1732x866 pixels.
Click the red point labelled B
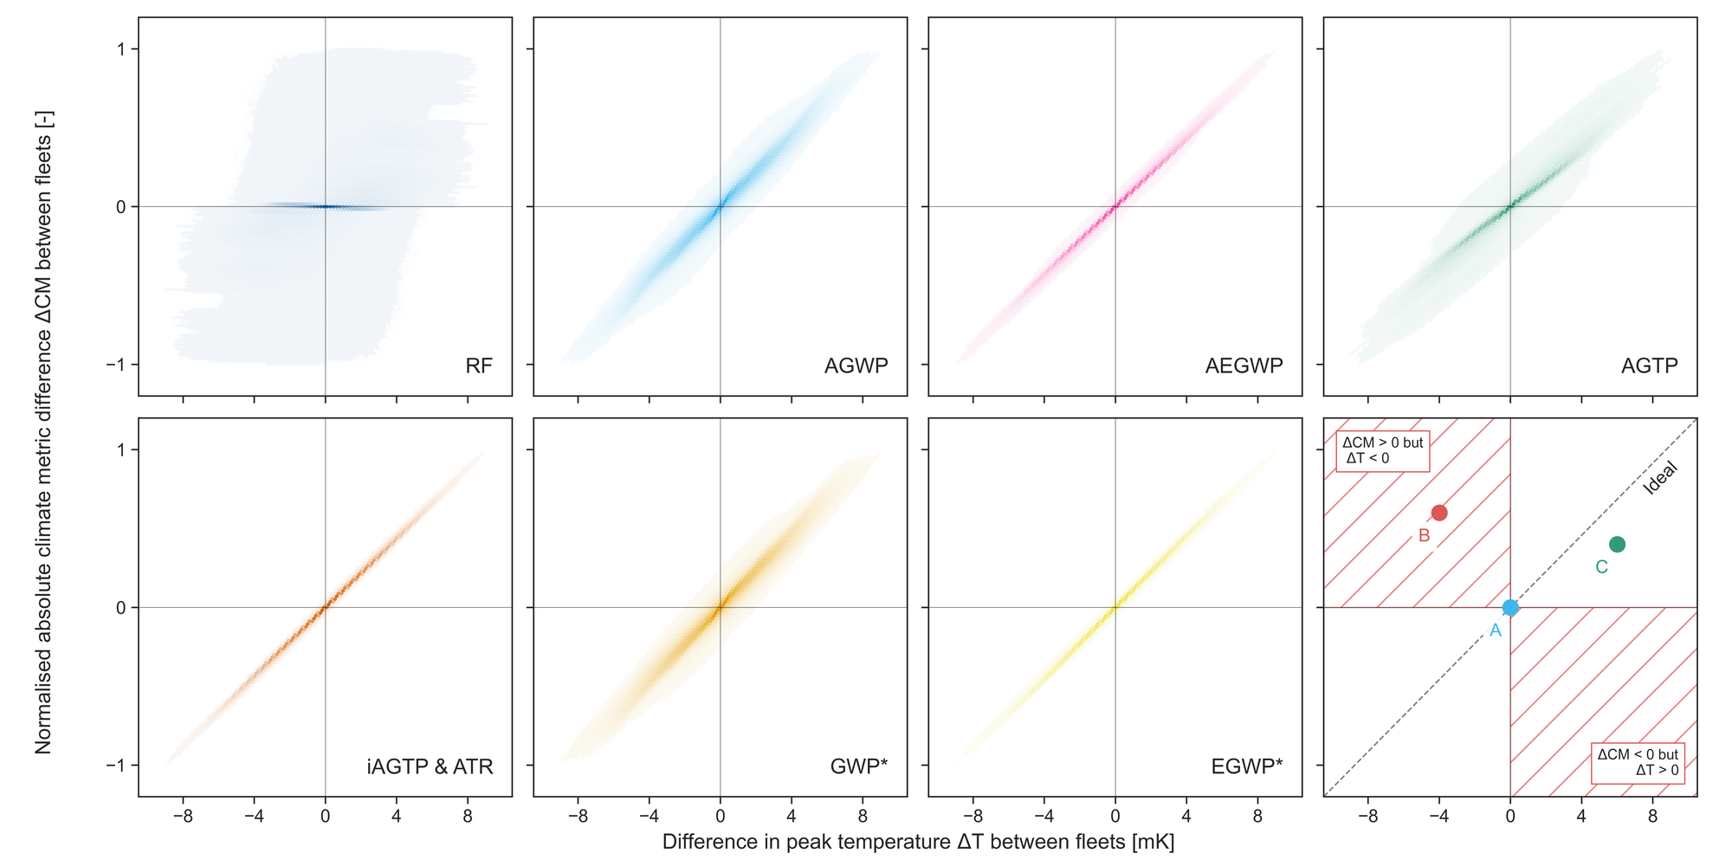click(x=1439, y=513)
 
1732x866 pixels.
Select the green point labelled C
click(x=1617, y=544)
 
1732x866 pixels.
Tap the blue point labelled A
click(x=1510, y=608)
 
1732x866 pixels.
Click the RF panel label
click(x=479, y=365)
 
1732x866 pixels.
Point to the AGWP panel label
click(x=856, y=365)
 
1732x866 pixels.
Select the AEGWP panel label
click(x=1244, y=365)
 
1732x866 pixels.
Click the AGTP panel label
click(x=1649, y=365)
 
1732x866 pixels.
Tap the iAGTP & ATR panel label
click(x=430, y=766)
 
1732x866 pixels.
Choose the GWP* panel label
click(x=858, y=766)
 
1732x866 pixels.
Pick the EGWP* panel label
click(x=1247, y=766)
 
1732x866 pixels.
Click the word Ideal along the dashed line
click(x=1660, y=478)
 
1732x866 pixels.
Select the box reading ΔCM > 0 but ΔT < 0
click(x=1382, y=450)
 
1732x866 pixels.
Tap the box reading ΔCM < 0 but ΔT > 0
click(x=1638, y=762)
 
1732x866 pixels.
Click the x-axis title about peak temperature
click(x=918, y=842)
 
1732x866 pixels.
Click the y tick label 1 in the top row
click(x=121, y=49)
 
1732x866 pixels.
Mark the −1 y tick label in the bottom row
click(x=116, y=766)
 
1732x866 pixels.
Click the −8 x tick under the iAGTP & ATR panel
click(x=183, y=816)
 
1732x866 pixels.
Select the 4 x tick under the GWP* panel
click(x=792, y=816)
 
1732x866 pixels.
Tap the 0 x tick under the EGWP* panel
click(x=1115, y=816)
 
